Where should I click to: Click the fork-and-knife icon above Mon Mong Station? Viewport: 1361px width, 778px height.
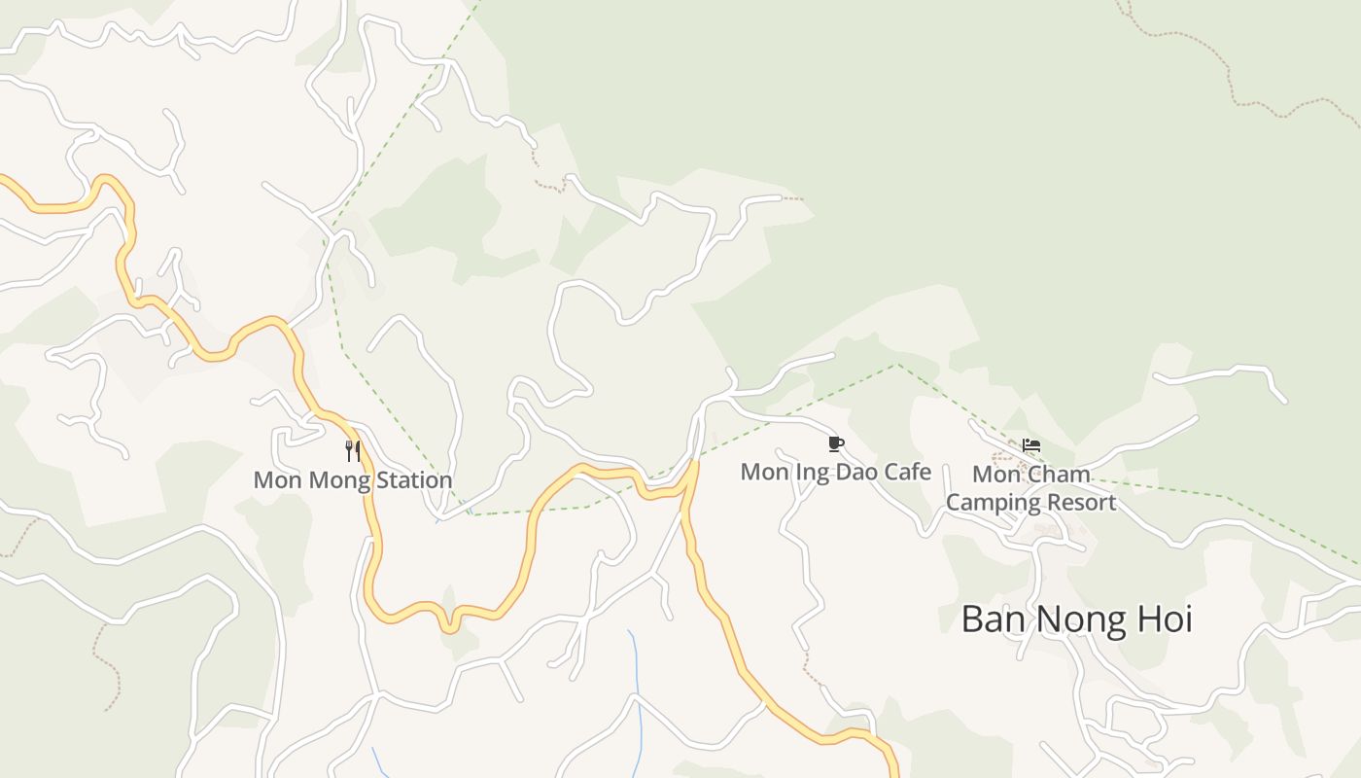point(353,450)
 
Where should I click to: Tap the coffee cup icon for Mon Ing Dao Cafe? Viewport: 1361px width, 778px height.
point(836,444)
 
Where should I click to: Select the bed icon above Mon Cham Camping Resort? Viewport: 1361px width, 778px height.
point(1031,445)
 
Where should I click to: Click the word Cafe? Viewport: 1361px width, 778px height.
point(904,473)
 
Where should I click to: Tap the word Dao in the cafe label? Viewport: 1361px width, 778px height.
point(848,473)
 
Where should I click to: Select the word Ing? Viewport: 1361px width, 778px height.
point(803,473)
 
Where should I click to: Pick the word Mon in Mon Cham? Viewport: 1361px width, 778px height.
point(994,476)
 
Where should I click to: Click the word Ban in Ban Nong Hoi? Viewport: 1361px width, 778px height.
point(993,619)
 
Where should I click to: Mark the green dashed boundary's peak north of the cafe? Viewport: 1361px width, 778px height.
point(896,365)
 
